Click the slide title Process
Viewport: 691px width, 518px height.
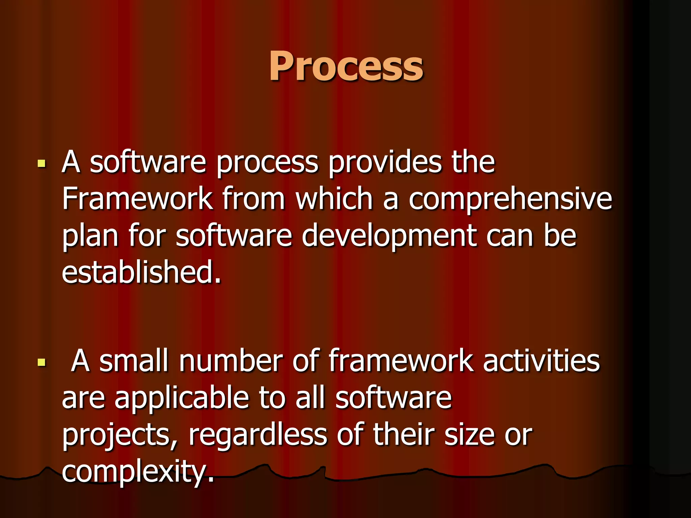[345, 66]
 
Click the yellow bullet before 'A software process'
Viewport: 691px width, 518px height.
[42, 164]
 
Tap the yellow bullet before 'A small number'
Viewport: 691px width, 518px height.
[42, 363]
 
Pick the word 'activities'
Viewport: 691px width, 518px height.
[541, 361]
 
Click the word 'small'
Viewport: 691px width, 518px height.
[134, 361]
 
